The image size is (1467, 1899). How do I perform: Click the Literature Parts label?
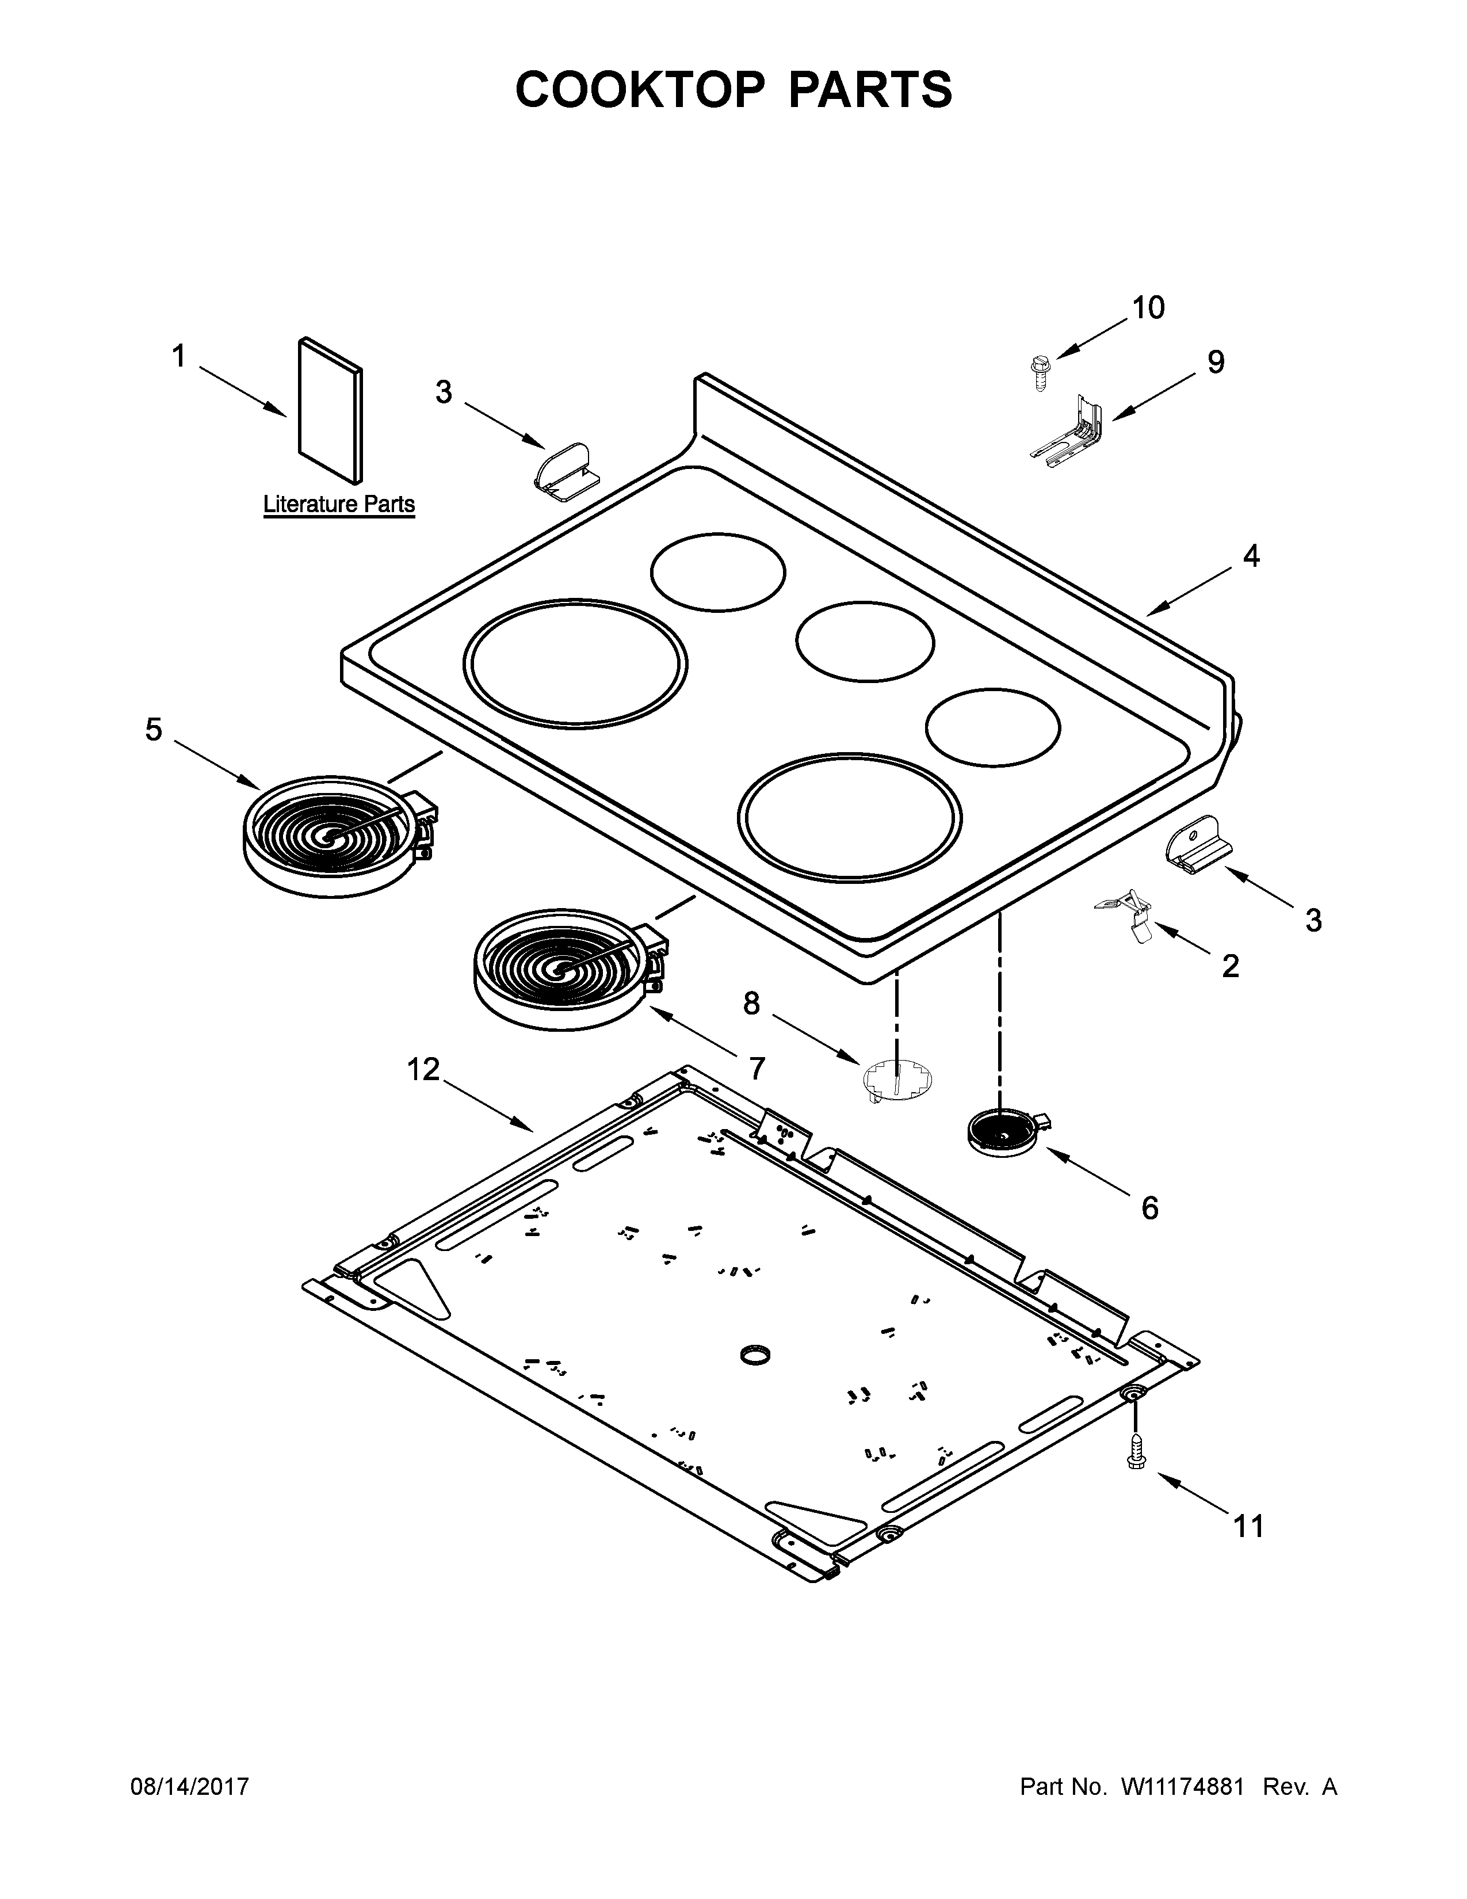tap(339, 504)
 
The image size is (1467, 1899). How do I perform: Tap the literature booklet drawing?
tap(330, 410)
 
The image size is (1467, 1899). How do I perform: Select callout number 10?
tap(1148, 308)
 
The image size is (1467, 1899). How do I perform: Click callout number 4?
tap(1251, 556)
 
